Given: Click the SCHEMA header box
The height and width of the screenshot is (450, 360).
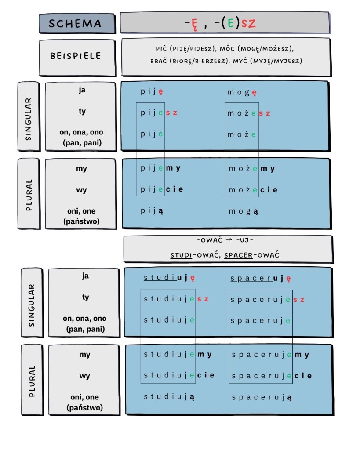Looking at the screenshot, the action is [x=77, y=23].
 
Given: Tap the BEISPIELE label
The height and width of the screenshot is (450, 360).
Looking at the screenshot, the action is [x=76, y=56].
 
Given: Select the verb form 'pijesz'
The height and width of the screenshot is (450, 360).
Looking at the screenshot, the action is [x=159, y=113].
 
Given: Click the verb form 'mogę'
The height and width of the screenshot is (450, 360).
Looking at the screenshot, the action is [x=242, y=92].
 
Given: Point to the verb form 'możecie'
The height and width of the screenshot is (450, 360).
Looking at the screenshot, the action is [x=253, y=190].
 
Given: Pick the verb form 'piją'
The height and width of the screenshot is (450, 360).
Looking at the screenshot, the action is [x=152, y=211].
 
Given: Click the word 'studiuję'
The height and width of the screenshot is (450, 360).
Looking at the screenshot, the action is [x=169, y=278].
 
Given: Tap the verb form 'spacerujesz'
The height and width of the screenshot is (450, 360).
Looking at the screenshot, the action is [x=268, y=300].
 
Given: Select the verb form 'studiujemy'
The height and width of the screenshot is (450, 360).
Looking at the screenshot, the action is [x=178, y=355].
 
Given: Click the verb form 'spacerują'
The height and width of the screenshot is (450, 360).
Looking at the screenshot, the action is [x=262, y=397].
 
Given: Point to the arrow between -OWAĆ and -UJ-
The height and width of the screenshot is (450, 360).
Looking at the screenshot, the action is [x=229, y=240].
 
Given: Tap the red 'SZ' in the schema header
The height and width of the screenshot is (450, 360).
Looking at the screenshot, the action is [x=248, y=23].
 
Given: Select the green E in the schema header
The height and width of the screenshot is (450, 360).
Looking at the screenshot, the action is [x=230, y=23].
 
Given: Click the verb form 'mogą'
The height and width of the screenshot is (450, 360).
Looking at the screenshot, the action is [x=244, y=211].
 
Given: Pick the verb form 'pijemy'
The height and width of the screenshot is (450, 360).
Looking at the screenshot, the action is [x=160, y=168].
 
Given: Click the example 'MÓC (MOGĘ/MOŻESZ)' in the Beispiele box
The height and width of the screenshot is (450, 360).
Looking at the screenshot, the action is [x=257, y=48].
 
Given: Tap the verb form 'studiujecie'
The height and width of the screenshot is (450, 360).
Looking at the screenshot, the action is [x=179, y=375].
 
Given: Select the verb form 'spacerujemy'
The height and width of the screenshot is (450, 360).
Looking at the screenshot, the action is [x=270, y=355].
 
